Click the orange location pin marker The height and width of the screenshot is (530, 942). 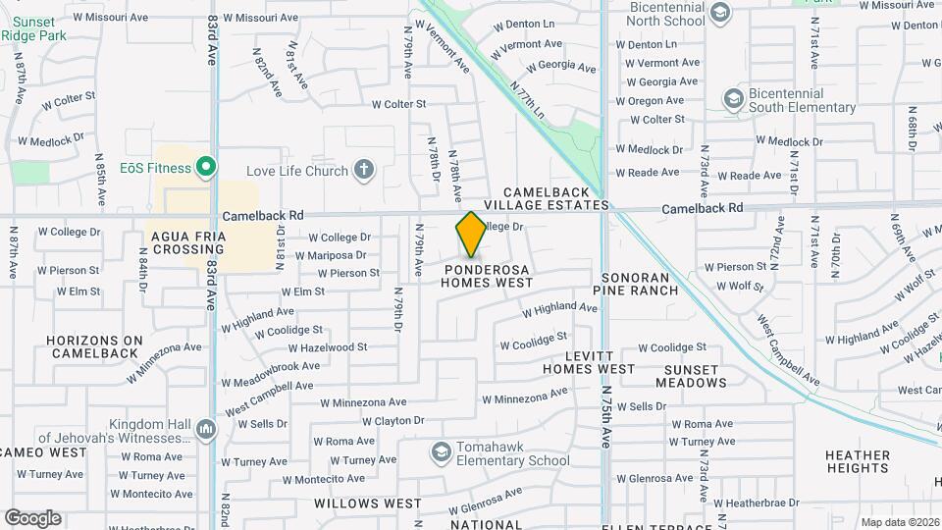pyautogui.click(x=471, y=234)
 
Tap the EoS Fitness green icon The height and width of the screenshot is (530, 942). pyautogui.click(x=205, y=168)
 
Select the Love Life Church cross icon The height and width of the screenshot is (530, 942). pyautogui.click(x=364, y=170)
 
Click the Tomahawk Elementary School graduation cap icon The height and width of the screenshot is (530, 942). pyautogui.click(x=441, y=451)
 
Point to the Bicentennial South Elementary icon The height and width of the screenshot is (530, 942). pyautogui.click(x=733, y=98)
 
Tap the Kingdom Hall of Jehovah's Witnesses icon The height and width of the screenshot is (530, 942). pyautogui.click(x=205, y=429)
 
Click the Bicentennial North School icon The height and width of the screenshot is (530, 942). pyautogui.click(x=720, y=13)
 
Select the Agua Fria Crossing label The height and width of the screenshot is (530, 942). pyautogui.click(x=186, y=243)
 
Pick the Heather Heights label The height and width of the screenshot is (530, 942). pyautogui.click(x=858, y=462)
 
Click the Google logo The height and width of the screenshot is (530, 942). pyautogui.click(x=32, y=518)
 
